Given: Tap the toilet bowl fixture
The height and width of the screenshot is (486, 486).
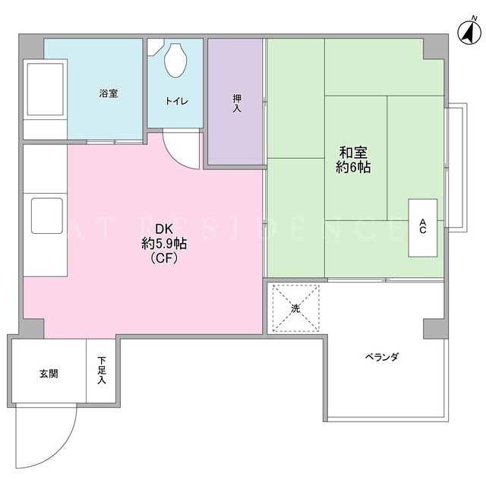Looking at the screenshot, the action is point(175,60).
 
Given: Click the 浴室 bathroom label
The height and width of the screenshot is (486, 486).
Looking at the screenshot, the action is point(109,93).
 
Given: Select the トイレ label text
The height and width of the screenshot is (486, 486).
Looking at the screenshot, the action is point(177,101).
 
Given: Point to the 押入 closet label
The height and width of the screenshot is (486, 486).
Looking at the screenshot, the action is point(238,103).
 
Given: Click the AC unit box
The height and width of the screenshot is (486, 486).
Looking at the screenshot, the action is point(423,228).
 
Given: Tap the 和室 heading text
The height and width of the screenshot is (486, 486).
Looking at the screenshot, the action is point(353,153).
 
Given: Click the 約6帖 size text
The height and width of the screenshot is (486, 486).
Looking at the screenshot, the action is point(353,167).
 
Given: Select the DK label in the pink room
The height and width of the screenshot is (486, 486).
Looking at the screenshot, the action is point(164,229).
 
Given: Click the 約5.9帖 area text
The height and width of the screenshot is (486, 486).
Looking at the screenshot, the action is point(164,244).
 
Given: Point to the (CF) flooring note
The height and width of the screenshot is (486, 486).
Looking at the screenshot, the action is point(164,258).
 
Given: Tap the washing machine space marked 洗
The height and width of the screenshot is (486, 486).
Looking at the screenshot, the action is point(295,308).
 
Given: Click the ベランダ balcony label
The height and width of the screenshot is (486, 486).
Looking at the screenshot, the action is point(381,357).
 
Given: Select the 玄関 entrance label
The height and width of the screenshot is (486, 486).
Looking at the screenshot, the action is point(49,374).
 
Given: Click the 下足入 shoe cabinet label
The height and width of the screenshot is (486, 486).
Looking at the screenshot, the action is point(102,371).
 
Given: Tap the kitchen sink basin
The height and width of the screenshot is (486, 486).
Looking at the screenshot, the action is point(47,216).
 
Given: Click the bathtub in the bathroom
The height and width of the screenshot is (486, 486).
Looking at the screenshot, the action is point(46,89).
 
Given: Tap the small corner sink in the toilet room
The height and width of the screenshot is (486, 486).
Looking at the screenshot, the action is point(153,47).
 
